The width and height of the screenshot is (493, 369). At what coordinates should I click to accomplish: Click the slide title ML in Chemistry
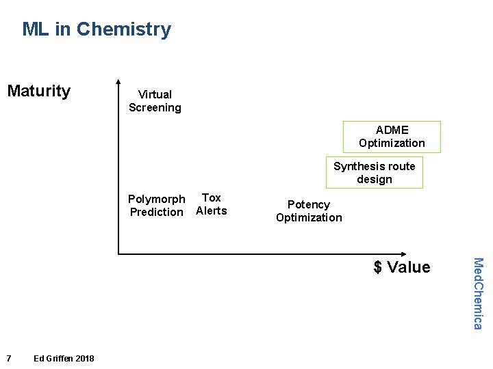coord(97,29)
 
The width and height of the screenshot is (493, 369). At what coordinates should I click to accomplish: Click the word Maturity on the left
coord(39,91)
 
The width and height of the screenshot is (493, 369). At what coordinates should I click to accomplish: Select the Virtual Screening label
coord(155,101)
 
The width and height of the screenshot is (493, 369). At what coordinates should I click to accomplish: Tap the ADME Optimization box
coord(392,137)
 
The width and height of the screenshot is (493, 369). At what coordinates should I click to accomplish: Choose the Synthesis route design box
coord(374,173)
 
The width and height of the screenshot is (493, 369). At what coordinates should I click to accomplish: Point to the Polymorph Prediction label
coord(157,206)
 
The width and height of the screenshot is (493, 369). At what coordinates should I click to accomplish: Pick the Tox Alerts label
coord(212,204)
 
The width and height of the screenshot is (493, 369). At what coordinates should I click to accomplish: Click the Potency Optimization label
coord(309,211)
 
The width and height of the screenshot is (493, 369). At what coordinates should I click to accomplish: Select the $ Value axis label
coord(402,267)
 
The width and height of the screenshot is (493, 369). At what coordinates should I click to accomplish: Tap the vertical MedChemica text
coord(479,292)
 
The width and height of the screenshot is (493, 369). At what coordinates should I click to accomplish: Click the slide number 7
coord(8,359)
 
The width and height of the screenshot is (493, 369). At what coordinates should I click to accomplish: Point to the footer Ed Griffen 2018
coord(64,359)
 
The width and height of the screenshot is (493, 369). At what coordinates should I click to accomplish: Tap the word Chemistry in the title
coord(124,29)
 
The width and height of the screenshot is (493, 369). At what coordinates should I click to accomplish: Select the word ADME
coord(392,130)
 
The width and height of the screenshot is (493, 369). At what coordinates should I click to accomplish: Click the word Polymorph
coord(157,199)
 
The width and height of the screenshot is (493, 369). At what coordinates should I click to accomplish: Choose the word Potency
coord(309,204)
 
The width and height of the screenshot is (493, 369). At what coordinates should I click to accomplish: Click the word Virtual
coord(155,94)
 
